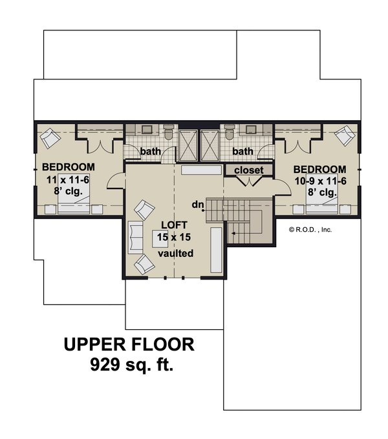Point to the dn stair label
click(x=198, y=205)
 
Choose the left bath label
click(x=151, y=152)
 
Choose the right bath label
click(x=242, y=152)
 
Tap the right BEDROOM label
click(x=319, y=166)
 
